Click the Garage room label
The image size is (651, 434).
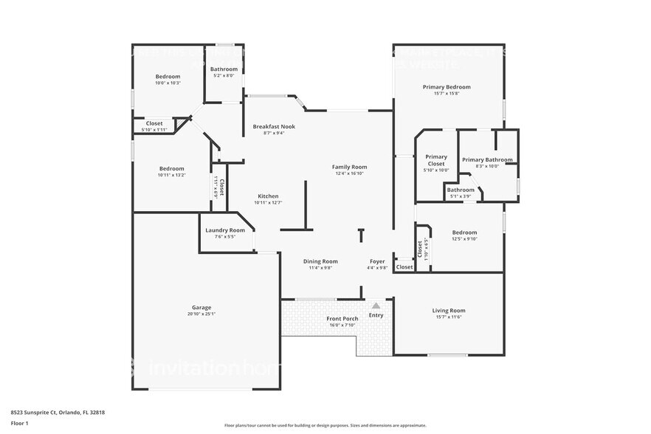201,307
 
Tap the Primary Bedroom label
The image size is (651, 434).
446,87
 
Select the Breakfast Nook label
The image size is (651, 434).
274,127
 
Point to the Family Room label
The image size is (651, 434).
349,167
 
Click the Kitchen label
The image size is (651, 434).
268,196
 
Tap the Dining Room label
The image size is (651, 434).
320,261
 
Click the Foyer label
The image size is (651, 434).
377,261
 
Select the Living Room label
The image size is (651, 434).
448,311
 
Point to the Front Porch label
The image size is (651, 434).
342,319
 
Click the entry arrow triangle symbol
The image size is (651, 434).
376,305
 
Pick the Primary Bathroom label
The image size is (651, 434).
487,159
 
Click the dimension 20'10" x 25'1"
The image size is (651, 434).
201,314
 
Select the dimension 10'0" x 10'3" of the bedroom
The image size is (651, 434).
168,83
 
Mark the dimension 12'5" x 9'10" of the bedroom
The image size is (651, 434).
464,238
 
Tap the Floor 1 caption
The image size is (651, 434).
19,423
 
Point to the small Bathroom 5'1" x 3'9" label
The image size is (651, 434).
461,190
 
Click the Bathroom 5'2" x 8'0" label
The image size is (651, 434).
224,69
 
